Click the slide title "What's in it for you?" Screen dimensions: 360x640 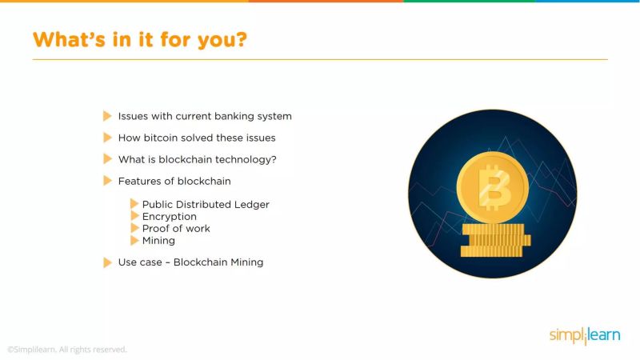pos(139,39)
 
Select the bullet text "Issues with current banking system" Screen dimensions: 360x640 pos(205,116)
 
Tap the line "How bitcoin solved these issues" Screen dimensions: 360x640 pos(197,138)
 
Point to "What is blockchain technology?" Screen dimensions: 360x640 pos(198,159)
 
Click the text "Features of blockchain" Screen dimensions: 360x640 pos(174,181)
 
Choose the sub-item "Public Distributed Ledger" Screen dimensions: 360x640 pos(206,205)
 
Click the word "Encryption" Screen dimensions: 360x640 pos(170,217)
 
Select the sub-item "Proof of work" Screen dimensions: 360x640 pos(176,229)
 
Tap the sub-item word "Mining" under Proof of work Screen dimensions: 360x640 pos(158,241)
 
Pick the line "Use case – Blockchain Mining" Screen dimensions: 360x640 pos(190,262)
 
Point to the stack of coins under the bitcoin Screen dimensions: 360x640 pos(492,240)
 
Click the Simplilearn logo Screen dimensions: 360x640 pos(584,336)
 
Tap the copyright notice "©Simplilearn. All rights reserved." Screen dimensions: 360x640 pos(67,350)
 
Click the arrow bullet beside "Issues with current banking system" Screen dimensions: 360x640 pos(107,116)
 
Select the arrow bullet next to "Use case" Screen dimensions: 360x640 pos(107,262)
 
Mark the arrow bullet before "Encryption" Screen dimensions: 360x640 pos(134,217)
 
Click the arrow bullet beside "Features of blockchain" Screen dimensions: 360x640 pos(107,181)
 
